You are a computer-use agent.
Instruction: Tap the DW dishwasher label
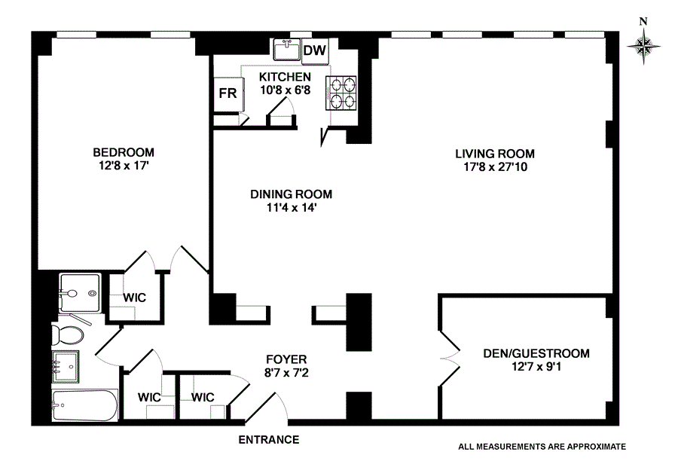(315, 50)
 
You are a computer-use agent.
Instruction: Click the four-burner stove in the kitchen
(342, 93)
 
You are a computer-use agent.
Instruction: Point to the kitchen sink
(287, 50)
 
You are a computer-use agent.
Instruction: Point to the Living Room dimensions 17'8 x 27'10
(495, 168)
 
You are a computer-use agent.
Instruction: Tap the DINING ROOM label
(291, 194)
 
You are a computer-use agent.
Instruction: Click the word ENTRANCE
(269, 440)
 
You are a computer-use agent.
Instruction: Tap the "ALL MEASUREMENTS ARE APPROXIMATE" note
(542, 446)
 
